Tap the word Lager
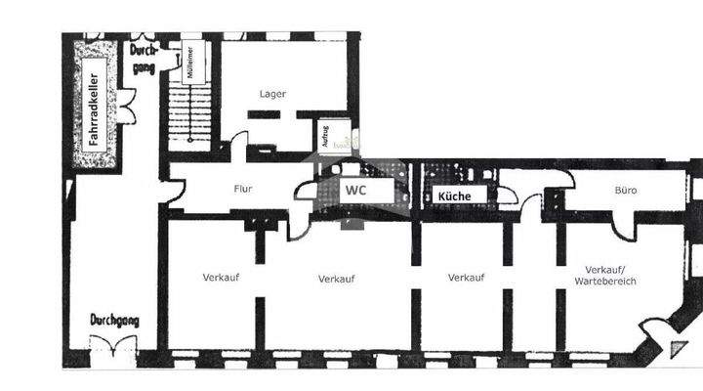point(272,94)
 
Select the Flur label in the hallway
point(244,190)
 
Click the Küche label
point(454,196)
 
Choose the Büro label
point(626,190)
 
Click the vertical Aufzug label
point(324,135)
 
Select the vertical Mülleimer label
point(190,64)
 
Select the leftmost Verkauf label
point(222,278)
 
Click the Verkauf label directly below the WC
point(336,279)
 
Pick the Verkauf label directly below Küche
point(467,278)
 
